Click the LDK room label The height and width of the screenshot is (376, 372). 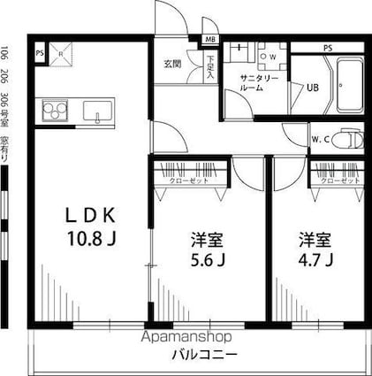click(x=89, y=215)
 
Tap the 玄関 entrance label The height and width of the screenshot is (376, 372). click(x=171, y=64)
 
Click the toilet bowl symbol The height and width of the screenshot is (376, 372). click(x=350, y=139)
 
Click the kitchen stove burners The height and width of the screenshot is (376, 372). click(x=53, y=112)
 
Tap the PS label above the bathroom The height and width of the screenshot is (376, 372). click(x=326, y=47)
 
